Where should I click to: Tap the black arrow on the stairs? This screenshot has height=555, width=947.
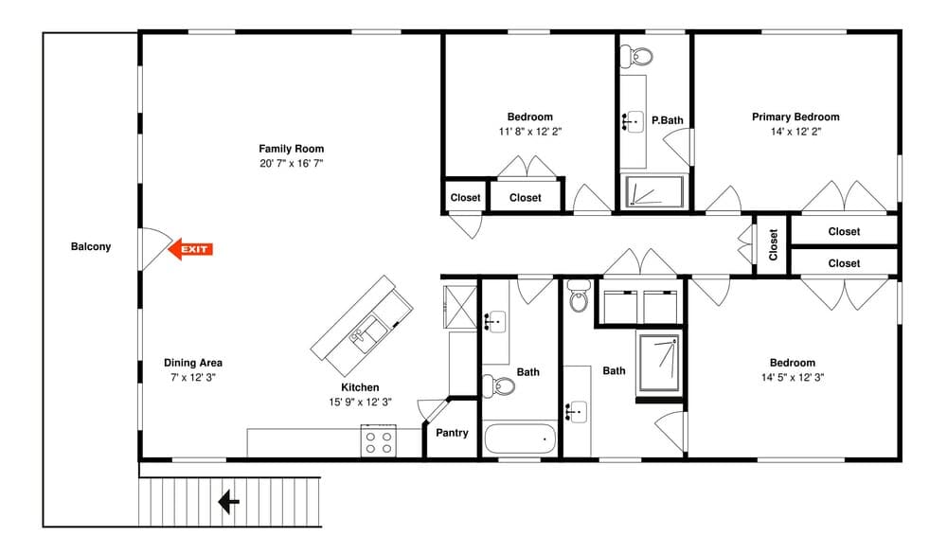tap(228, 502)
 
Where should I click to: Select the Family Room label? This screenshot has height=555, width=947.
tap(291, 149)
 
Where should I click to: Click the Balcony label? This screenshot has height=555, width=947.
tap(91, 246)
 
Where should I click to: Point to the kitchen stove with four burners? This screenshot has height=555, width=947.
tap(379, 440)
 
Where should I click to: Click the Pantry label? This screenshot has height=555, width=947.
tap(452, 433)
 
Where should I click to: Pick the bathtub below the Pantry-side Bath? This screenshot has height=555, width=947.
tap(520, 439)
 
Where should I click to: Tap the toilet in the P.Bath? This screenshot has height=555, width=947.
tap(637, 56)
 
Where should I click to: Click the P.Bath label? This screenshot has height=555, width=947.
tap(668, 120)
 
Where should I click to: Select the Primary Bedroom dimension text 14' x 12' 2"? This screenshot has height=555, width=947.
tap(795, 132)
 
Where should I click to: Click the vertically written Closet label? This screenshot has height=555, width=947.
tap(773, 244)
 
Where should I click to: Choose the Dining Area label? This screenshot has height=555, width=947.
tap(193, 363)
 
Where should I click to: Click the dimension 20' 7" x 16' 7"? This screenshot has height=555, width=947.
tap(291, 163)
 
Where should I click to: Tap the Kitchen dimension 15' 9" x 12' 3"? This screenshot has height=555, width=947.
tap(360, 403)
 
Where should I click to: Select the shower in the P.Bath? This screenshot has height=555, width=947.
tap(655, 191)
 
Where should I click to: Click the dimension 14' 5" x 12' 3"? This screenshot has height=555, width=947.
tap(793, 378)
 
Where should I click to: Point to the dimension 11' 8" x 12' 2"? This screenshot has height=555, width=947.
tap(529, 132)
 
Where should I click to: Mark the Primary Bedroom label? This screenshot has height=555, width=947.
tap(795, 117)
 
